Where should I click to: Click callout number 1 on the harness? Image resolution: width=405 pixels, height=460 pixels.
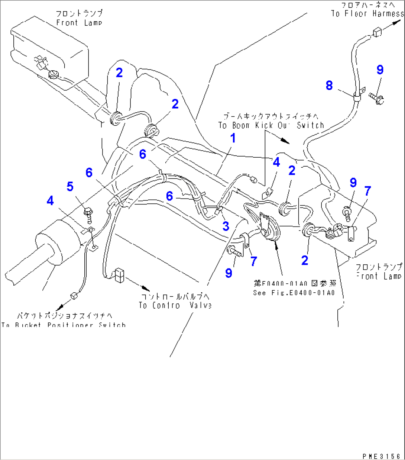pos(233,138)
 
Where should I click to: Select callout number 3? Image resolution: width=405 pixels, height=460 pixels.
pos(226,226)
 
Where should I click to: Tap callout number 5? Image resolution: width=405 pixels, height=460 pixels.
pos(70,186)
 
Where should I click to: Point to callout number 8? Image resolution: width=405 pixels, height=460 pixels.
pos(329,85)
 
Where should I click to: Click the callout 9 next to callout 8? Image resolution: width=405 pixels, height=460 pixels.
pos(380,70)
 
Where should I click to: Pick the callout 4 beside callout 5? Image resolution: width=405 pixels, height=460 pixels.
pos(50,201)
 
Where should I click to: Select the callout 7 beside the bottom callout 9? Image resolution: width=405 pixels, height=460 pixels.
pos(254,261)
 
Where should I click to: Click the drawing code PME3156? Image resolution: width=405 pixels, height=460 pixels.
pos(382,456)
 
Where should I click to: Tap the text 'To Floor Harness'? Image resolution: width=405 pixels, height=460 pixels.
pos(367,14)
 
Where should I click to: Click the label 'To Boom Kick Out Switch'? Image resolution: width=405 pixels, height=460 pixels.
pos(271,125)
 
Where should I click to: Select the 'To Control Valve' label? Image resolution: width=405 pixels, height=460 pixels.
pos(175,305)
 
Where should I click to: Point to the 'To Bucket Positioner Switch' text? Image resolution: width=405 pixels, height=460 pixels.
pos(64,325)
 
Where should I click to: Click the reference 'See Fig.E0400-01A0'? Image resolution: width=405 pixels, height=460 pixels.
pos(294,293)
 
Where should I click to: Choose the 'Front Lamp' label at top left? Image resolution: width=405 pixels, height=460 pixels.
pos(79,23)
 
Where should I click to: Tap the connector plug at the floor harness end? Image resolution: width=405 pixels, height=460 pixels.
pos(377,32)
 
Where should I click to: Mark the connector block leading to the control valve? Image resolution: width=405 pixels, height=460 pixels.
pos(120,275)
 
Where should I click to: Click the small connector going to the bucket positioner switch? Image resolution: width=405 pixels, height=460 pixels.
pos(73,296)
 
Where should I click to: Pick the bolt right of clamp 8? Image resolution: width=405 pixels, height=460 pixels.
pos(377,97)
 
